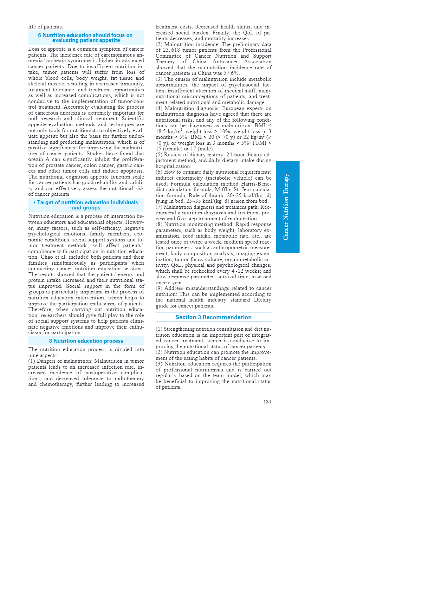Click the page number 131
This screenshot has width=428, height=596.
[267, 402]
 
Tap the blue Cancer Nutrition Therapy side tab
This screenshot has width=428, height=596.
[287, 207]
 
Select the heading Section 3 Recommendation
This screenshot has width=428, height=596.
[213, 317]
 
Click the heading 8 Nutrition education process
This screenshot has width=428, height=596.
[86, 341]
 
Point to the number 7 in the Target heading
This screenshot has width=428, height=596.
[34, 202]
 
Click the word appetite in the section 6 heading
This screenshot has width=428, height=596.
[109, 40]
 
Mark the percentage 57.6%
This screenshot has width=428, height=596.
[232, 73]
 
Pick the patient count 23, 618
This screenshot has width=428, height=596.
[171, 50]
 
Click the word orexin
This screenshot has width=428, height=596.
[35, 160]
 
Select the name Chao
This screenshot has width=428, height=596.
[46, 257]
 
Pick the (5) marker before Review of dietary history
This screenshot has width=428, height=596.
[159, 155]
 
